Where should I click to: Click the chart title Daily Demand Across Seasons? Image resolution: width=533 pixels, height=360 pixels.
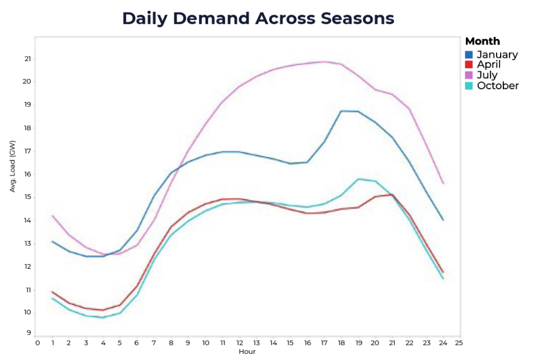pos(258,19)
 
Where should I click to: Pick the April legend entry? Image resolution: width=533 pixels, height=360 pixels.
pos(489,65)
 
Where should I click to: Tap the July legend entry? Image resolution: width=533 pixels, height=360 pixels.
pos(487,75)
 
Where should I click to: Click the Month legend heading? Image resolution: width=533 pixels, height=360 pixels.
pos(483,41)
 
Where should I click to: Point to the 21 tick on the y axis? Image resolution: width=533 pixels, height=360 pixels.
pos(28,59)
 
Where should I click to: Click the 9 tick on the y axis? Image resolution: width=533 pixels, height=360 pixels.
pos(29,332)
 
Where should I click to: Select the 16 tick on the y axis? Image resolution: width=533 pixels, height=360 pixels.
pos(28,174)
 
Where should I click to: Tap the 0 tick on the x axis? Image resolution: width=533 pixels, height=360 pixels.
pos(37,343)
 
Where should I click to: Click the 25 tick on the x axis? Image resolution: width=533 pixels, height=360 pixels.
pos(459,343)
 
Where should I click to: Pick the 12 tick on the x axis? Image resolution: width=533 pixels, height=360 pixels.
pos(239,343)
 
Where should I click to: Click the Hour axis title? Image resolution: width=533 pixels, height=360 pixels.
pos(247,352)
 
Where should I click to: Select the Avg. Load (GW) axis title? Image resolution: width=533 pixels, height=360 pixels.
pos(13,166)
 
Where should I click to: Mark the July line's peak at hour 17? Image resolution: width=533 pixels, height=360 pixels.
pos(324,61)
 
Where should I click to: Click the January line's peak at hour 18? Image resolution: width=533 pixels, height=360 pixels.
pos(341,111)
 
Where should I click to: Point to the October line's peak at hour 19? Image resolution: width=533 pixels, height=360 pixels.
pos(358,179)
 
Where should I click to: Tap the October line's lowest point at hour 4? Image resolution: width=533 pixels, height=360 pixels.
pos(103,317)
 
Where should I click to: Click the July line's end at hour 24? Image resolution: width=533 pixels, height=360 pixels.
pos(442,183)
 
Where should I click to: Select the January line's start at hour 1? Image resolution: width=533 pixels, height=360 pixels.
pos(53,241)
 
